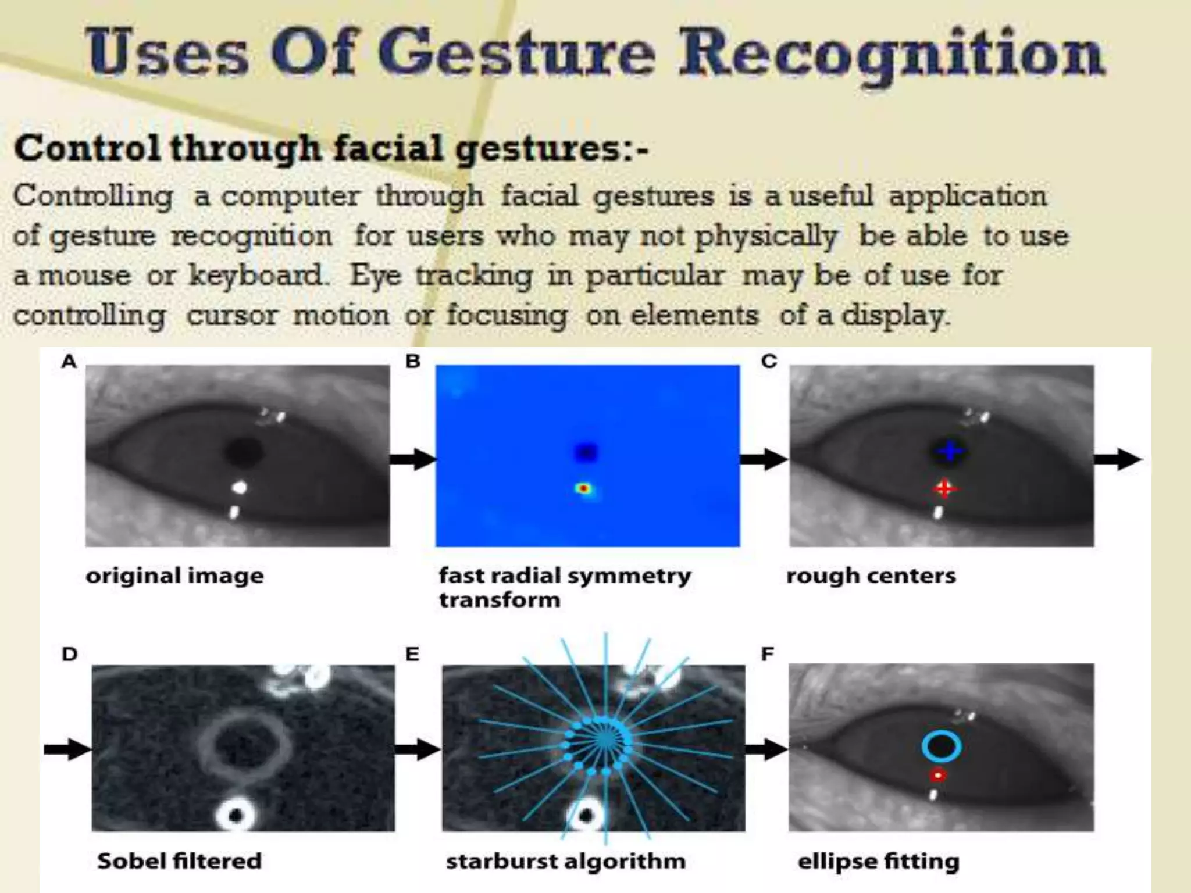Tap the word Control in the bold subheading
(x=87, y=148)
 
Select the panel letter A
(x=69, y=362)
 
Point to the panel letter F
(x=767, y=655)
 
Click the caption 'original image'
(x=174, y=576)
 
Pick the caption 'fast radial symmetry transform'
(x=564, y=587)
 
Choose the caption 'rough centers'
(x=871, y=576)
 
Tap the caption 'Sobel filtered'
(x=179, y=861)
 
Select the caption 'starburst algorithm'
(x=565, y=861)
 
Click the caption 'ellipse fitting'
(x=878, y=861)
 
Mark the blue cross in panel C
(x=949, y=451)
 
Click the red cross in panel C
(x=944, y=488)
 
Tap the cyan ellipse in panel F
(x=940, y=747)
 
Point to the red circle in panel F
(x=937, y=776)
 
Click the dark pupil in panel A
(x=243, y=451)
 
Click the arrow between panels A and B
(x=412, y=459)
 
